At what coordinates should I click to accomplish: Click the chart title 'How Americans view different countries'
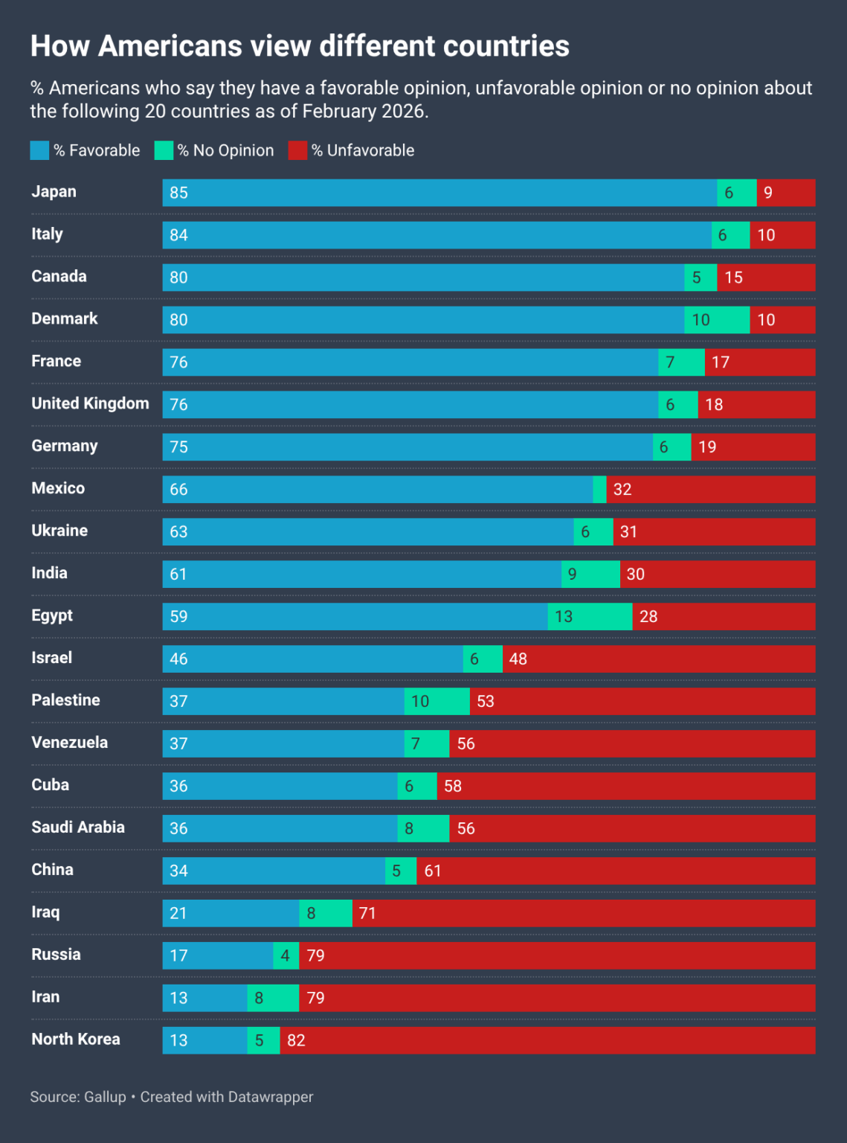pyautogui.click(x=300, y=46)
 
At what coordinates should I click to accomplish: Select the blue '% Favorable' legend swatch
pyautogui.click(x=39, y=150)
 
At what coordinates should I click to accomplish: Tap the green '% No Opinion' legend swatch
pyautogui.click(x=164, y=150)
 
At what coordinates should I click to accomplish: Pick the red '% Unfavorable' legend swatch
pyautogui.click(x=297, y=150)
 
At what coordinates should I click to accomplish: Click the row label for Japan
pyautogui.click(x=54, y=192)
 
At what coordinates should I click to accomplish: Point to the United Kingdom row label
pyautogui.click(x=90, y=404)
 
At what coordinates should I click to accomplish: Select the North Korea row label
pyautogui.click(x=75, y=1040)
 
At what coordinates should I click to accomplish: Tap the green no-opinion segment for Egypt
pyautogui.click(x=590, y=616)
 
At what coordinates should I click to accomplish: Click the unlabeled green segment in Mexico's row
pyautogui.click(x=599, y=490)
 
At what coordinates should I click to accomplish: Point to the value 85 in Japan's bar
pyautogui.click(x=178, y=193)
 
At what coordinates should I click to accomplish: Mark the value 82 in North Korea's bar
pyautogui.click(x=296, y=1040)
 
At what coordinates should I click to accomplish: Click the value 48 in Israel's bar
pyautogui.click(x=518, y=659)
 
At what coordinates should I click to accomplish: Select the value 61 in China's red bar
pyautogui.click(x=433, y=871)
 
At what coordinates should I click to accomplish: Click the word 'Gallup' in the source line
pyautogui.click(x=105, y=1097)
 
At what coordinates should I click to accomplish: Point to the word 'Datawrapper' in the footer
pyautogui.click(x=271, y=1097)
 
